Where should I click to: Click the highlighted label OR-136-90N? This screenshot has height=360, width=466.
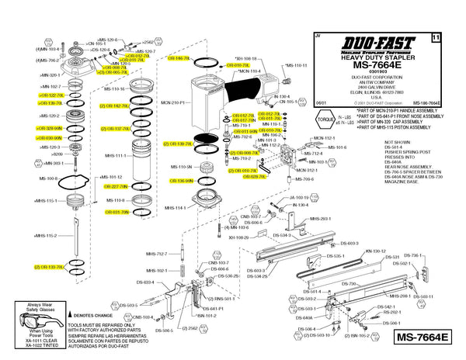pos(179,181)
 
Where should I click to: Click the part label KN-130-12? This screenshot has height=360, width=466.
pos(376,251)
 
